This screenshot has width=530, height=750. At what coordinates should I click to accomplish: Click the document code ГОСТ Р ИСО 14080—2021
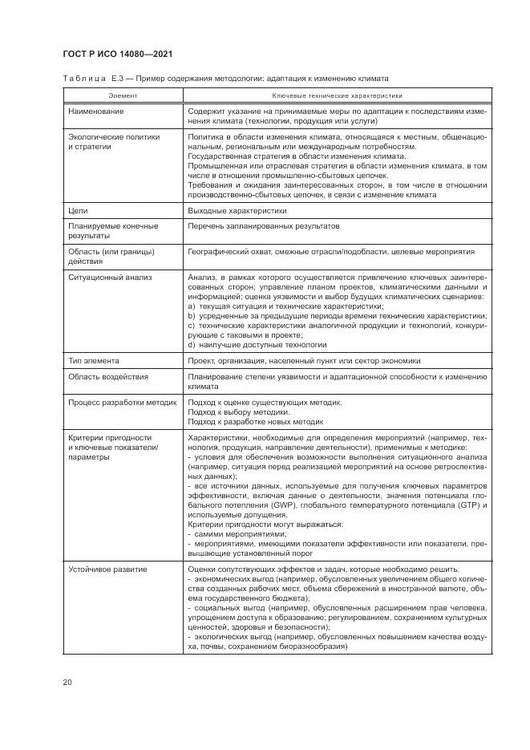pos(118,54)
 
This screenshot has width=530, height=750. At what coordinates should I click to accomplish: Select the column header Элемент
pos(123,95)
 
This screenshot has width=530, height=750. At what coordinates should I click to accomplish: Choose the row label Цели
pos(77,211)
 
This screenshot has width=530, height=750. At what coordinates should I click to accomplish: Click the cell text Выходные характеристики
pos(237,211)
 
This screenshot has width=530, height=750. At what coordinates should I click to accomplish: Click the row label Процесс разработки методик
pos(123,402)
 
